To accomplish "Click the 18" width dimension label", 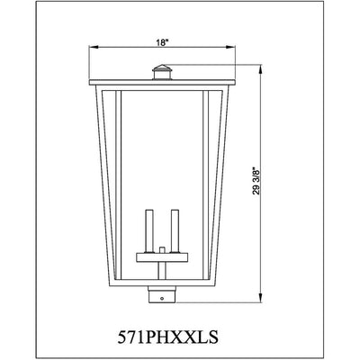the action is pyautogui.click(x=161, y=42).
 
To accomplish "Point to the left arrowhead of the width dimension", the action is pyautogui.click(x=93, y=47).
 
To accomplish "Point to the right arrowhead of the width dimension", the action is pyautogui.click(x=230, y=47).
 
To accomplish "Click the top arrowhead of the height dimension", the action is pyautogui.click(x=260, y=69).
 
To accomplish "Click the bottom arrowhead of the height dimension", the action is pyautogui.click(x=260, y=298).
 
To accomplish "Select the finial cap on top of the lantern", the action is pyautogui.click(x=162, y=72).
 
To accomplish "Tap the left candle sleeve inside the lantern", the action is pyautogui.click(x=149, y=230).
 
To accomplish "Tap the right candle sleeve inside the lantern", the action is pyautogui.click(x=175, y=230).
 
